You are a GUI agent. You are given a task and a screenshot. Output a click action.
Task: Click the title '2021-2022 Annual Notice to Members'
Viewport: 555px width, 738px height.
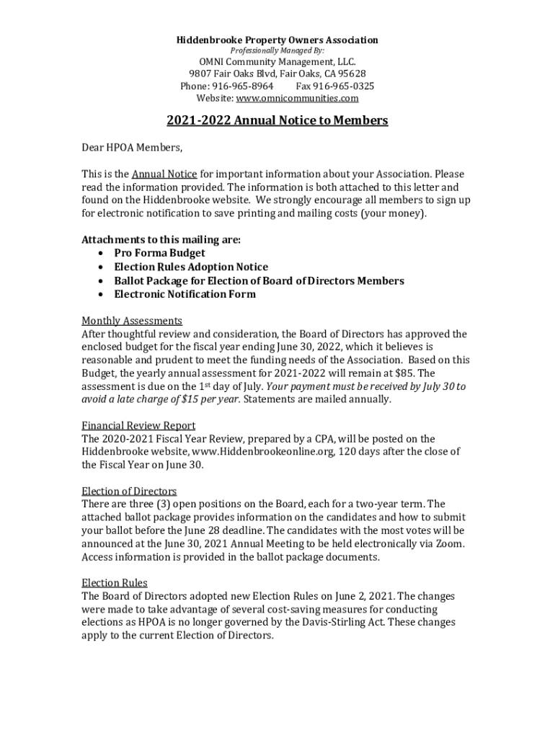click(277, 120)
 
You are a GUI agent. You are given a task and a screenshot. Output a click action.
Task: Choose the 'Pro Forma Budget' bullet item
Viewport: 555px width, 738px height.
click(159, 253)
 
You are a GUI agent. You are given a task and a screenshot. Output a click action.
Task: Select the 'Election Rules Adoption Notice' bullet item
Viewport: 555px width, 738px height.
click(191, 267)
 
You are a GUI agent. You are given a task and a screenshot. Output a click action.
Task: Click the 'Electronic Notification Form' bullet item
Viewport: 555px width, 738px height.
click(185, 294)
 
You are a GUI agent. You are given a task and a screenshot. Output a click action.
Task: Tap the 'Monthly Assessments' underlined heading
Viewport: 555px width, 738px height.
click(132, 321)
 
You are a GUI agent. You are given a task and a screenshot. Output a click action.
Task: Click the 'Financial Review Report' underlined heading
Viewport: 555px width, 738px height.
click(138, 425)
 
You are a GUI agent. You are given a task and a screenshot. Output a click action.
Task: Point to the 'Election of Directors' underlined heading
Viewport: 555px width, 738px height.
click(129, 491)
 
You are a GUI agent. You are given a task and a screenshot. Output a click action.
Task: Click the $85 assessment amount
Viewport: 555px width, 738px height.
click(405, 373)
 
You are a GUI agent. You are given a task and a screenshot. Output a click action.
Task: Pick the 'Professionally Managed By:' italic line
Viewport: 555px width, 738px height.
click(277, 51)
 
